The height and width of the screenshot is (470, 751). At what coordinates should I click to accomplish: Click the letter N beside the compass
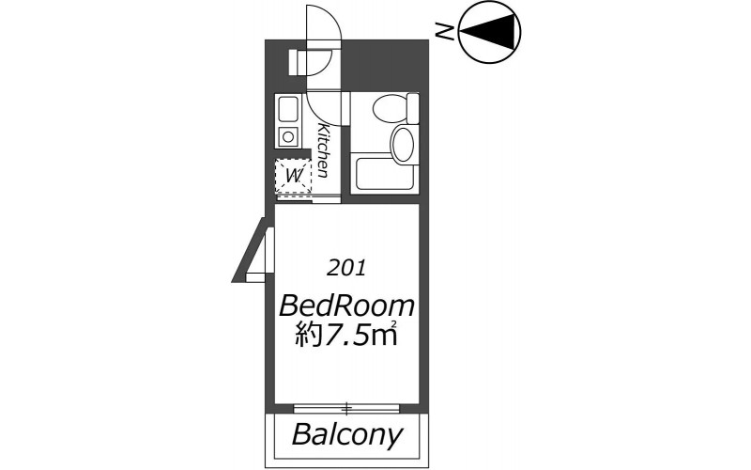click(446, 32)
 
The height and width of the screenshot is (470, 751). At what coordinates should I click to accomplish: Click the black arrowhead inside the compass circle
click(490, 31)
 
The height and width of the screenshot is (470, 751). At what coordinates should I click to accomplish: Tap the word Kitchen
click(324, 150)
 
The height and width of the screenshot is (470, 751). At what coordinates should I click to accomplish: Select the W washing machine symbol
click(293, 176)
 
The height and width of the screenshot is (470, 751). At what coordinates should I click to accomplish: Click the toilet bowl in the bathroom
click(390, 109)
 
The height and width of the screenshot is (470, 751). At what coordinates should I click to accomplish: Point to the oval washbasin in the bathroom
click(403, 144)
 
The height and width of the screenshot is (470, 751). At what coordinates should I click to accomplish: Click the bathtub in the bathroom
click(385, 173)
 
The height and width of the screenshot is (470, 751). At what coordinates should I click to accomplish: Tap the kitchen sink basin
click(288, 109)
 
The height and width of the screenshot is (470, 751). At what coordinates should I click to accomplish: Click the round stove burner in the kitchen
click(288, 137)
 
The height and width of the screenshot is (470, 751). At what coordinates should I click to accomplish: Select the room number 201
click(345, 268)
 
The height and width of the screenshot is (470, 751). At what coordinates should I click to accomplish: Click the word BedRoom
click(346, 306)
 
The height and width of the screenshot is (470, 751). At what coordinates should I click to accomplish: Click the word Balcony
click(347, 435)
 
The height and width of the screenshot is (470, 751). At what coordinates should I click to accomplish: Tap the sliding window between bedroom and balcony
click(346, 409)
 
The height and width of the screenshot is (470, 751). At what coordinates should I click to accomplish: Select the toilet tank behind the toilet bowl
click(413, 108)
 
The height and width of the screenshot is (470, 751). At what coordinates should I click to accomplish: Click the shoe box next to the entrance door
click(298, 62)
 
